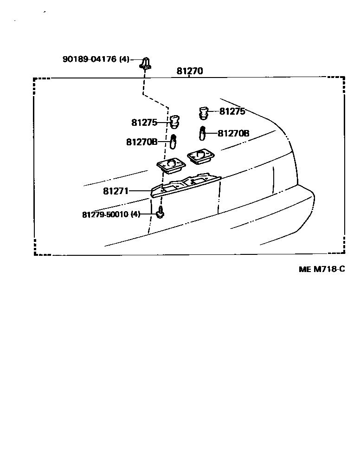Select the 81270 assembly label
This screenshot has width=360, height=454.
click(x=190, y=71)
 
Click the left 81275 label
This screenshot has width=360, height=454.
click(x=144, y=123)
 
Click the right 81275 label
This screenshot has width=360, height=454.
click(x=232, y=111)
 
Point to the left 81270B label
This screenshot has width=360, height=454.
click(x=141, y=142)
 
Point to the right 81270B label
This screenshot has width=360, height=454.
click(x=233, y=134)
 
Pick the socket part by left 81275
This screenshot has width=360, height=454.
click(x=174, y=122)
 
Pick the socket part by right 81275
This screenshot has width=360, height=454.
click(x=203, y=112)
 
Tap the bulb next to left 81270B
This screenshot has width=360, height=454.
click(x=174, y=141)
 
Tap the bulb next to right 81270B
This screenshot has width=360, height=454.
click(x=203, y=133)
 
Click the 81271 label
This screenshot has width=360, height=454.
click(x=116, y=190)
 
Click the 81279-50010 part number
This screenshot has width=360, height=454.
click(x=105, y=214)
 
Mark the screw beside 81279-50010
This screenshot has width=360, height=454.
click(x=160, y=214)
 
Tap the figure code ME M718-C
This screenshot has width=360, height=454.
click(x=321, y=269)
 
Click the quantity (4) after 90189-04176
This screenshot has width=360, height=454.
click(x=124, y=59)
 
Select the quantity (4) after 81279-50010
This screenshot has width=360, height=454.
click(x=135, y=214)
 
